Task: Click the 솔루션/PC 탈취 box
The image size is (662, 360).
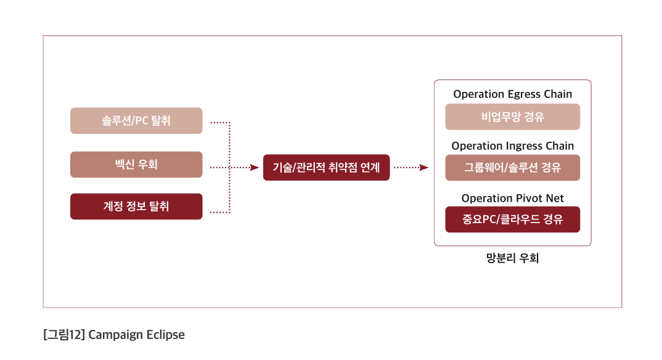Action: pyautogui.click(x=136, y=121)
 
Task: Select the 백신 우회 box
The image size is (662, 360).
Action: pyautogui.click(x=136, y=165)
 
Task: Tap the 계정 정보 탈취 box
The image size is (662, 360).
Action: pyautogui.click(x=136, y=207)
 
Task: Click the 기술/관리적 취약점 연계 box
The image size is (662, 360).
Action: pyautogui.click(x=326, y=168)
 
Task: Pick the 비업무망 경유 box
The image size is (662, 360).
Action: pyautogui.click(x=512, y=117)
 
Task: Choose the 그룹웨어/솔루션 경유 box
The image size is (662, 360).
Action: pyautogui.click(x=512, y=168)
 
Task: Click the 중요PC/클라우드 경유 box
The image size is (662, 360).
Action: pyautogui.click(x=512, y=219)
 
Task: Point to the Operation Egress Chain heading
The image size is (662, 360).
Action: pyautogui.click(x=512, y=94)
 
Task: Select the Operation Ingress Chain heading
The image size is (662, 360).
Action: pyautogui.click(x=512, y=146)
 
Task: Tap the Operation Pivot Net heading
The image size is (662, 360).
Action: pyautogui.click(x=512, y=198)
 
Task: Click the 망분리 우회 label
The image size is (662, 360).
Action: pyautogui.click(x=512, y=258)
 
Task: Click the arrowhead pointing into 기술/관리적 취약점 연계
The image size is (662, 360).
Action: pyautogui.click(x=255, y=167)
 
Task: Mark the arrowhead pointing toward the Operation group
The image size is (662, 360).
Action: pyautogui.click(x=423, y=167)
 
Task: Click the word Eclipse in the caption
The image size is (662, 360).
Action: pyautogui.click(x=165, y=335)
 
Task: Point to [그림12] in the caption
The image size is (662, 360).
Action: pyautogui.click(x=63, y=335)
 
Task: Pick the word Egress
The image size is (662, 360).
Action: pyautogui.click(x=523, y=94)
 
